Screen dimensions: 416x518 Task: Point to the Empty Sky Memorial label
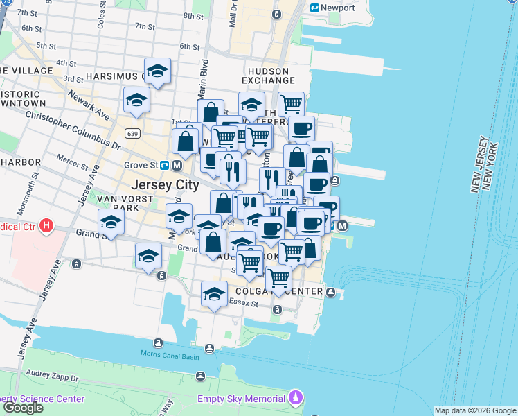pos(241,399)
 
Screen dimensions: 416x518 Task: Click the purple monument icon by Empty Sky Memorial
pos(296,399)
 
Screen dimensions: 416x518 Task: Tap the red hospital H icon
pos(47,225)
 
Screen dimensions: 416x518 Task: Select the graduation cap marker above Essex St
pos(215,294)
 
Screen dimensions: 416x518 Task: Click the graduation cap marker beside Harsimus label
pos(158,71)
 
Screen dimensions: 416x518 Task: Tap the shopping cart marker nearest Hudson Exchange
pos(291,104)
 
